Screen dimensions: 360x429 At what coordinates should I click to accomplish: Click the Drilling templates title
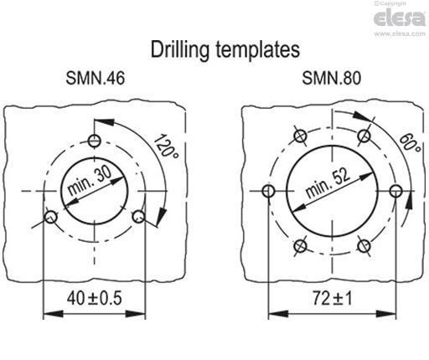[x=225, y=49]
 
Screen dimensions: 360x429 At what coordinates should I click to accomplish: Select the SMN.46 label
[x=96, y=81]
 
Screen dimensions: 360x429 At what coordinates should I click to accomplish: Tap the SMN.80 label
[x=332, y=81]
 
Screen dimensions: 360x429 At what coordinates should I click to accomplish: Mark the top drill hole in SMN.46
[x=95, y=138]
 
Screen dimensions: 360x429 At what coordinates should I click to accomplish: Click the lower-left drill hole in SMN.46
[x=50, y=217]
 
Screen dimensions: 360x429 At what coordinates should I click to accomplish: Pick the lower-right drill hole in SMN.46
[x=139, y=217]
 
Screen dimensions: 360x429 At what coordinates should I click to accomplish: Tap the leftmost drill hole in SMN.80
[x=268, y=192]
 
